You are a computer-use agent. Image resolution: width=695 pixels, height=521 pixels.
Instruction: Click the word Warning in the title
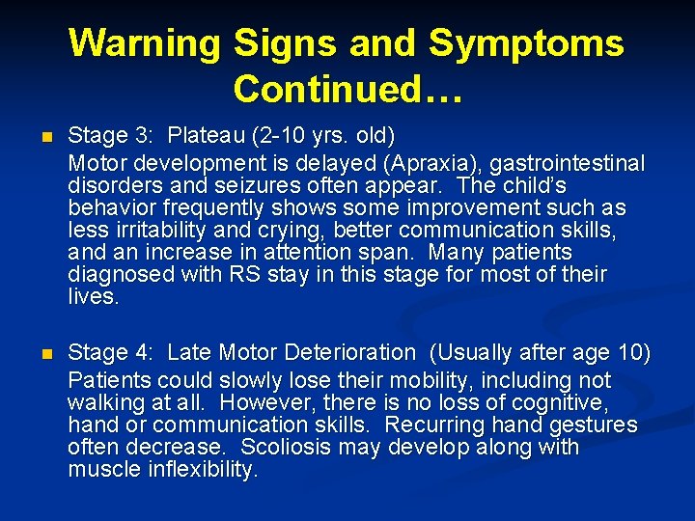146,43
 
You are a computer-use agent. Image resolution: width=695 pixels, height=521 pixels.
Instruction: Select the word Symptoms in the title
526,43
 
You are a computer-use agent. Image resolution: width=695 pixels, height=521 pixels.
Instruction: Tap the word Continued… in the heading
347,89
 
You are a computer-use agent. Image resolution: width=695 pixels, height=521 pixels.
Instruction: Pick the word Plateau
208,141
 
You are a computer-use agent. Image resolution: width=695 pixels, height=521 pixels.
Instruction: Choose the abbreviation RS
233,275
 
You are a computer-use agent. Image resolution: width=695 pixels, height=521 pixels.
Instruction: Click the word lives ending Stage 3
93,297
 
